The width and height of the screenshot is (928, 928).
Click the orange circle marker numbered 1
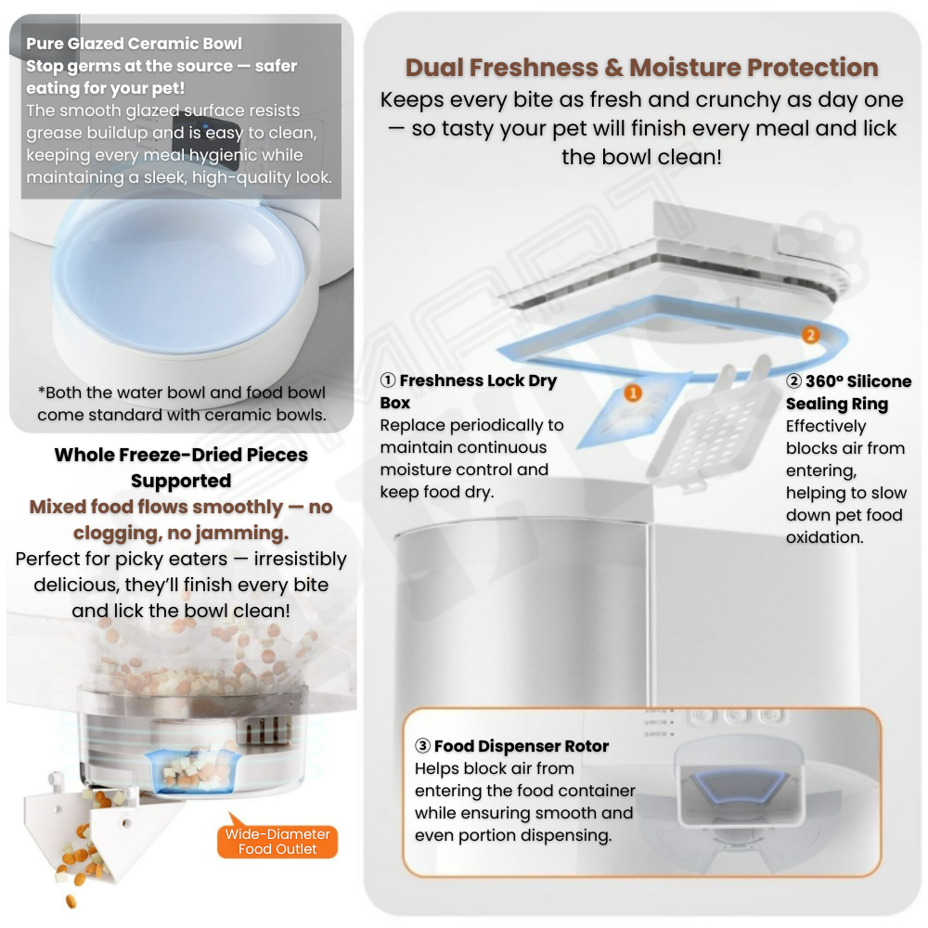(633, 393)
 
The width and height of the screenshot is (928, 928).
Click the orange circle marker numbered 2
(811, 335)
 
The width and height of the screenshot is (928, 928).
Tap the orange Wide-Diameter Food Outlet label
(277, 841)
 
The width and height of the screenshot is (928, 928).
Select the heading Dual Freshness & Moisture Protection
(641, 68)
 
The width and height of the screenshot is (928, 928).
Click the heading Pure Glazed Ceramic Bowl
(134, 44)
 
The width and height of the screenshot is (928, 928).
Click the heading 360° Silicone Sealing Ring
(849, 393)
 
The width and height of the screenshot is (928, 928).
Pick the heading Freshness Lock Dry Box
(468, 392)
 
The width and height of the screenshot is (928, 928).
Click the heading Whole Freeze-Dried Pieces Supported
(181, 468)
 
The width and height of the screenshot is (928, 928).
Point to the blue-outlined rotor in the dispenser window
(740, 787)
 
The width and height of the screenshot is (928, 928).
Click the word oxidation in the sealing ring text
(824, 537)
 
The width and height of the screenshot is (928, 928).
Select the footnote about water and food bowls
(182, 404)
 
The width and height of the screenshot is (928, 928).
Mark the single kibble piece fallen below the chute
(71, 901)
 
